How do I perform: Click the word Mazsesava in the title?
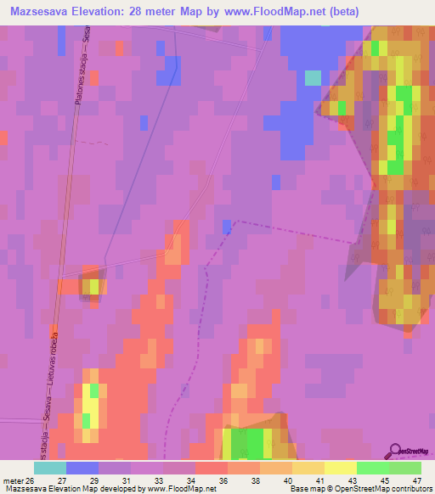[x=38, y=11]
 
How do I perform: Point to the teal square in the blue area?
[x=313, y=77]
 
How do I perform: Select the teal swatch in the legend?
[x=49, y=468]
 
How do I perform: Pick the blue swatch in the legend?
[x=82, y=468]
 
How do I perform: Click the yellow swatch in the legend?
[x=340, y=468]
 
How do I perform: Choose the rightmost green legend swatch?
[x=405, y=468]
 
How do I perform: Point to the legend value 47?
[x=415, y=480]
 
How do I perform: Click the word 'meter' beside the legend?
[x=14, y=480]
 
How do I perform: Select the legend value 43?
[x=351, y=480]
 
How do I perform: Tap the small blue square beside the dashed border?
[x=227, y=226]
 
